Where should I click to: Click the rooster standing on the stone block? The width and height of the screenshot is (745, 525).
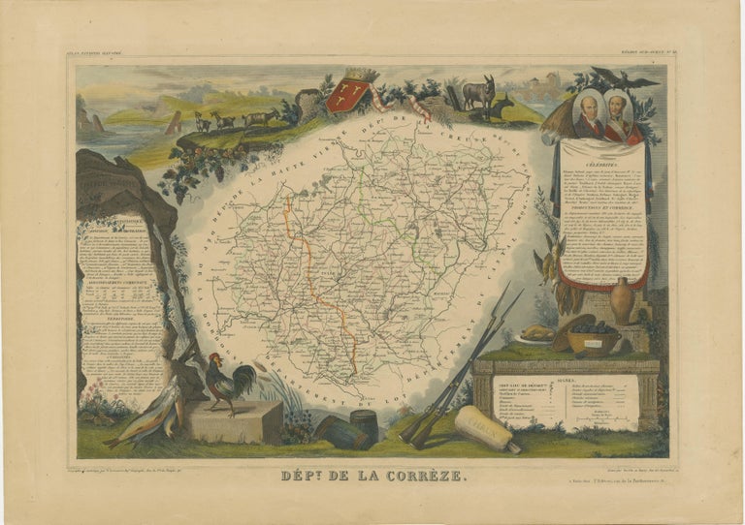tap(226, 382)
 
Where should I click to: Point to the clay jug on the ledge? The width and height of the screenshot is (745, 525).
tap(622, 300)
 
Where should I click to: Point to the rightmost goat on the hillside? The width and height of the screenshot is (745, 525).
tap(261, 117)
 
